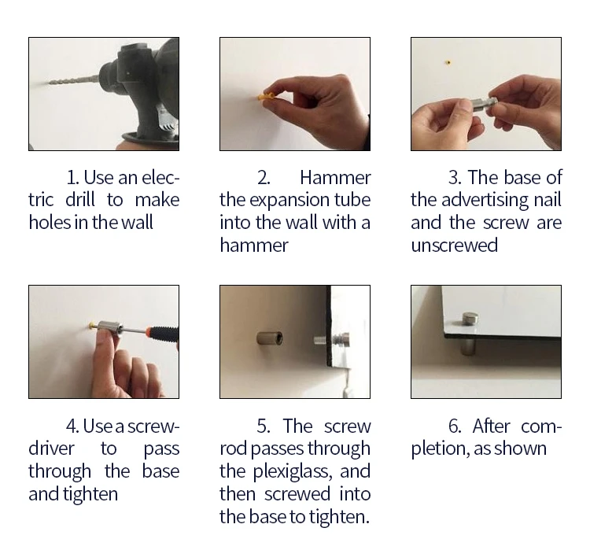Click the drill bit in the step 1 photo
(x=73, y=80)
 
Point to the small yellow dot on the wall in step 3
(x=448, y=62)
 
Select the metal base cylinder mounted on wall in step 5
(x=269, y=338)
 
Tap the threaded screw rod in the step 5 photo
(x=321, y=341)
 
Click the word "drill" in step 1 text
(x=79, y=200)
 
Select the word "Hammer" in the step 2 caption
(x=335, y=177)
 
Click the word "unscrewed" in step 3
(x=454, y=245)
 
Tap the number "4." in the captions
(x=72, y=426)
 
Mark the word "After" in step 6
(x=491, y=426)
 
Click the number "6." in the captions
(x=455, y=426)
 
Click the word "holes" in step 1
(x=50, y=223)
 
